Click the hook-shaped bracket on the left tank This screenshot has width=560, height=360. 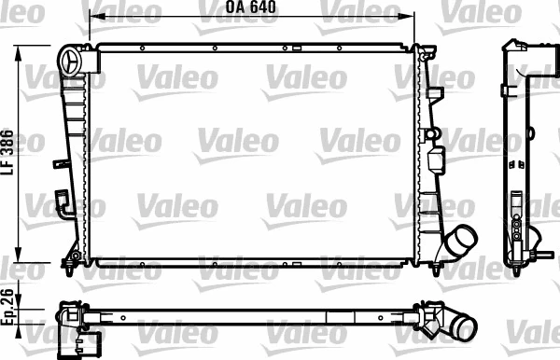click(x=63, y=203)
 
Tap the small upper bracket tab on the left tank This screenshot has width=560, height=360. click(x=62, y=163)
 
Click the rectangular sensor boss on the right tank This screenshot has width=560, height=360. click(x=433, y=159)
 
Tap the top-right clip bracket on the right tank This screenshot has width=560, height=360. click(x=434, y=92)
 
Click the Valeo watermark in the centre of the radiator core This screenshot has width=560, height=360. click(x=236, y=142)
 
